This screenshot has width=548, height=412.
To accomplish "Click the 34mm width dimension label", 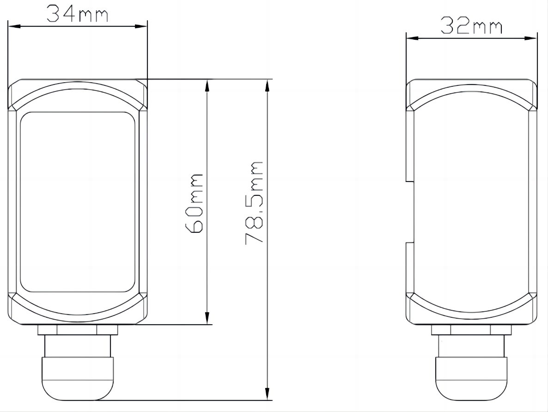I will click(x=77, y=14).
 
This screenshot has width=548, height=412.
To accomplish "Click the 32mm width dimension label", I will click(x=470, y=26).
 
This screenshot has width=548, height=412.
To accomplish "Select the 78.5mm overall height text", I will click(x=255, y=203).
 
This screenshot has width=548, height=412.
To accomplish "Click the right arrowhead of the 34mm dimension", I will click(x=141, y=26).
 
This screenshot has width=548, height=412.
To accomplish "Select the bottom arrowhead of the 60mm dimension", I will click(x=207, y=318).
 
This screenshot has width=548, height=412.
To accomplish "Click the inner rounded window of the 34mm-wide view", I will click(x=78, y=202).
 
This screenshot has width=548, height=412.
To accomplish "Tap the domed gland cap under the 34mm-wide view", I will click(x=78, y=379).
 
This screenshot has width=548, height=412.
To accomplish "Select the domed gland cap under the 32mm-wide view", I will click(x=471, y=379).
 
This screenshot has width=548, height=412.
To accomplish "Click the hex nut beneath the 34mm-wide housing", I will click(x=78, y=329).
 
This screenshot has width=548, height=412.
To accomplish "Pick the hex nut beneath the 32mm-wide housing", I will click(x=471, y=330).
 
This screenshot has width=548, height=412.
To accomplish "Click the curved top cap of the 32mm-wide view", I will click(x=471, y=95).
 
